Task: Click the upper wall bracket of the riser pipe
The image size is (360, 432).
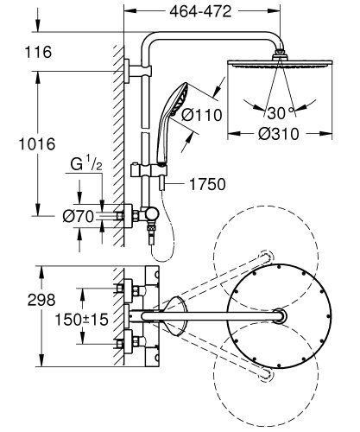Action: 130,69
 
